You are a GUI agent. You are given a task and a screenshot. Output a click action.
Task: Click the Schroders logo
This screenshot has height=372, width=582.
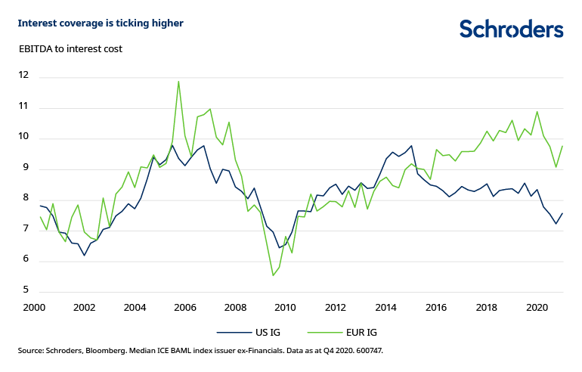click(x=511, y=29)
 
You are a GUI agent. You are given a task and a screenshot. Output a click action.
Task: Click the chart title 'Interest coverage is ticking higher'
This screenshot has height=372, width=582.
click(x=101, y=23)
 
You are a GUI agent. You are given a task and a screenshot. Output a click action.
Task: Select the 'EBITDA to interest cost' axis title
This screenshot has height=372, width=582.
click(x=70, y=49)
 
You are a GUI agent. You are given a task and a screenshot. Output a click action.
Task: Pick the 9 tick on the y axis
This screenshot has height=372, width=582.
click(x=25, y=169)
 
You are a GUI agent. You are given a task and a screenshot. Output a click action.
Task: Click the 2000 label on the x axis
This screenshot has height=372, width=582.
click(x=33, y=308)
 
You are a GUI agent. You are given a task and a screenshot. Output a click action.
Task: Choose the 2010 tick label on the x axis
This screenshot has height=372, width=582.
click(x=285, y=308)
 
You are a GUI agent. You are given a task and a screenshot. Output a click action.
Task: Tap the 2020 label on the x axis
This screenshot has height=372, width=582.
click(x=537, y=308)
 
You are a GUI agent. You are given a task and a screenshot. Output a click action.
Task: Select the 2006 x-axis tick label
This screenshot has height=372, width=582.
click(x=184, y=308)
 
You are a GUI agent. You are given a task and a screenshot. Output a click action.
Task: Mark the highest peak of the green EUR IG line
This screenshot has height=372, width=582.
click(x=178, y=81)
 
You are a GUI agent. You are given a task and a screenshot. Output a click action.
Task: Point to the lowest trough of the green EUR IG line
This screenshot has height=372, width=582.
click(x=273, y=275)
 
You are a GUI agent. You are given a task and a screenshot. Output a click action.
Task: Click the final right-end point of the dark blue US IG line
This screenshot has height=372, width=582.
click(x=562, y=213)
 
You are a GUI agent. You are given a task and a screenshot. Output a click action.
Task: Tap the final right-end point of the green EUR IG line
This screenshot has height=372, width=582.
click(x=562, y=146)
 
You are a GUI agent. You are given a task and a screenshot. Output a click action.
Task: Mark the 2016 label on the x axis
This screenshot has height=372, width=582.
click(x=436, y=308)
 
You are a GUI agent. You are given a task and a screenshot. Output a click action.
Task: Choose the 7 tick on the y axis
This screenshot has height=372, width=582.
click(x=25, y=230)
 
